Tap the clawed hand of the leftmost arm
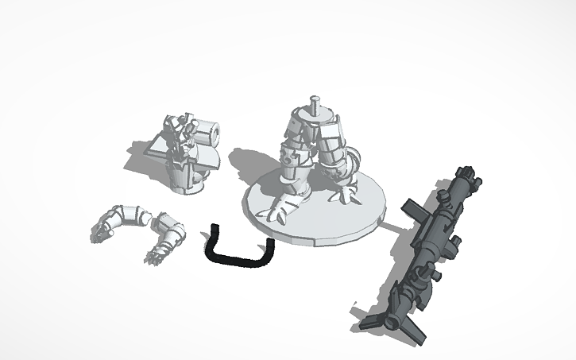[100, 233]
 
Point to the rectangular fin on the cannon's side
[419, 210]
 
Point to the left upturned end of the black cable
[215, 233]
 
